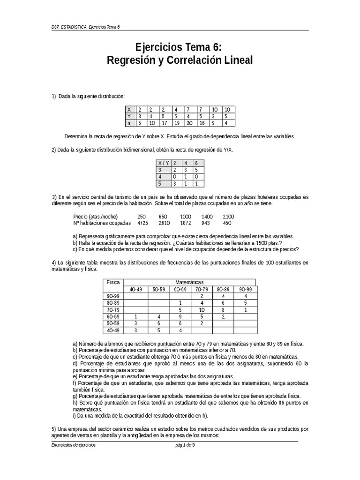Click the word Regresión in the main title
[131, 60]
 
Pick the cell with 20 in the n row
[189, 123]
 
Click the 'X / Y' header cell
[164, 163]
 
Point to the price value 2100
[228, 217]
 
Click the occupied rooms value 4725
[142, 223]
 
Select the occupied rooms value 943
[206, 223]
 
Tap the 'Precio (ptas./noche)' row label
[95, 217]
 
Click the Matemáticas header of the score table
[189, 282]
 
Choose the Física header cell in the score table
[113, 282]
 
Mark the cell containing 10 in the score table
[201, 310]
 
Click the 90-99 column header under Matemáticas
[245, 289]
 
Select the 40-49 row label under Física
[113, 330]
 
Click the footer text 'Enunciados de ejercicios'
[74, 445]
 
